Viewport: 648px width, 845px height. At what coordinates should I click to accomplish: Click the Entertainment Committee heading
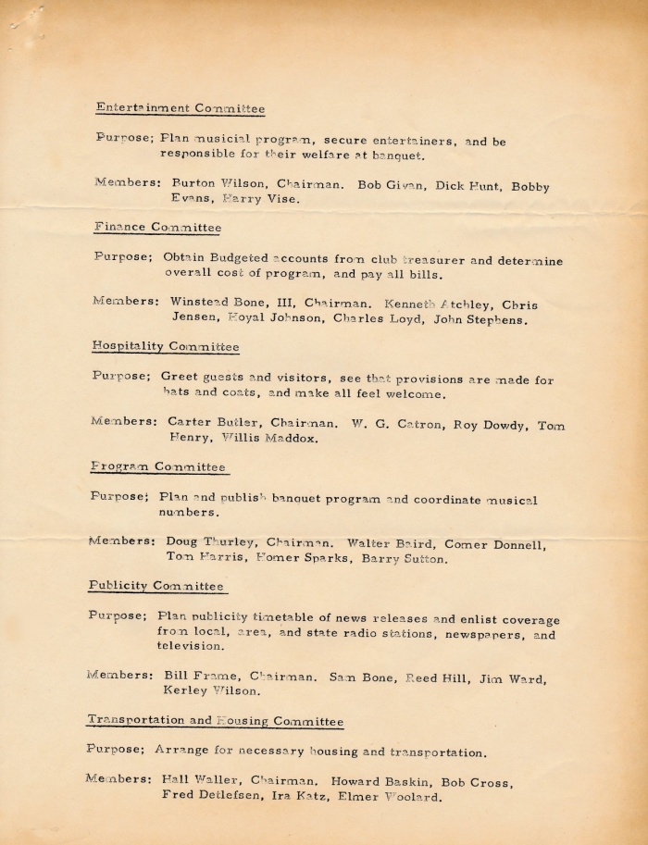pyautogui.click(x=181, y=108)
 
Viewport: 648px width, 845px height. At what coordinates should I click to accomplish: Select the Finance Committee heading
pyautogui.click(x=157, y=227)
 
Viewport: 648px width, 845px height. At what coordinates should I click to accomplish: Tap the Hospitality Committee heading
pyautogui.click(x=166, y=346)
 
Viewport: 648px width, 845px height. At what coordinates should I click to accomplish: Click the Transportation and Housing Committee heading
pyautogui.click(x=215, y=720)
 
